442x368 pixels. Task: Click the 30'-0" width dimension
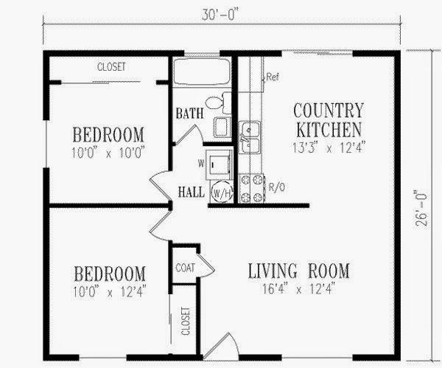tap(218, 15)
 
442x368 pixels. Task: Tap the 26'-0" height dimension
tap(421, 209)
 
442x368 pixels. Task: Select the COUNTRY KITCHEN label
tap(329, 120)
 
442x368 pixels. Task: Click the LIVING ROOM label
tap(299, 271)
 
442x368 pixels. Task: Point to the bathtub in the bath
tap(201, 72)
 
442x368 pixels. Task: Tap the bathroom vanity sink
tap(222, 128)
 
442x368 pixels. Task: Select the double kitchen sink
tap(250, 137)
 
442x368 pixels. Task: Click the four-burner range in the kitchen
tap(252, 188)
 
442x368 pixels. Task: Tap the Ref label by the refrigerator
tap(273, 77)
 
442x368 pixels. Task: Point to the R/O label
tap(277, 187)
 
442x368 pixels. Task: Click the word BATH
tap(190, 114)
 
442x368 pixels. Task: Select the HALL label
tap(192, 192)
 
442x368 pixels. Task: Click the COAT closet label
tap(185, 268)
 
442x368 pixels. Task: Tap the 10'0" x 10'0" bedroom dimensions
tap(108, 153)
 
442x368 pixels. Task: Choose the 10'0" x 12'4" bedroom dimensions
tap(110, 291)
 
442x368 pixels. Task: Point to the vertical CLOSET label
tap(186, 321)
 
